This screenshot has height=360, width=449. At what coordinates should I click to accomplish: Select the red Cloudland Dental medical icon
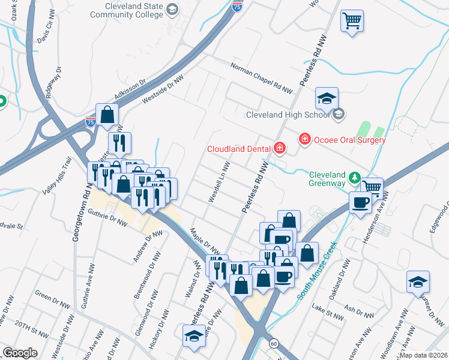(279, 148)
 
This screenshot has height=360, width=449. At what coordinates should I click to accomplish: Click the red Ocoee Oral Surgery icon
(305, 139)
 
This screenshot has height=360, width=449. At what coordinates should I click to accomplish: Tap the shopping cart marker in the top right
(352, 21)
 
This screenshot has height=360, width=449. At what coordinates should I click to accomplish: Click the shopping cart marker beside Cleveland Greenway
(372, 187)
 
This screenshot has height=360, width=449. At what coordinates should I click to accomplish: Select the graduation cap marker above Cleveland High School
(327, 98)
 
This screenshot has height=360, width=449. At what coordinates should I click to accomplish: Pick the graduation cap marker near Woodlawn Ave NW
(418, 281)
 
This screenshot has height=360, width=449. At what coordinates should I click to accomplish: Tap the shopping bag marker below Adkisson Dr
(107, 115)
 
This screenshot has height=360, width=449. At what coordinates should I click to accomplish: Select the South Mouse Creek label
(316, 271)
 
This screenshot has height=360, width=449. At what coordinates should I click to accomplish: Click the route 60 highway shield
(274, 343)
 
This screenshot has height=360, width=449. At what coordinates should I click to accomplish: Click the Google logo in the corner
(20, 353)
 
